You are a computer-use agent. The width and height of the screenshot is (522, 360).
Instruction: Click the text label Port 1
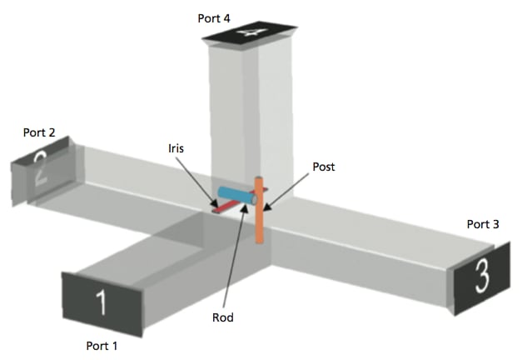point(103,344)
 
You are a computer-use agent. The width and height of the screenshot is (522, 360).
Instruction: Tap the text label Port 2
point(39,132)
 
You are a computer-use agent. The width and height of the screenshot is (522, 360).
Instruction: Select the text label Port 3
point(483,224)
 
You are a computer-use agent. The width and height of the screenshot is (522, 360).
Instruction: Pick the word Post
point(324,167)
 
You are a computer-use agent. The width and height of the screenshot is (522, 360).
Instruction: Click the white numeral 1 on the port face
point(102,302)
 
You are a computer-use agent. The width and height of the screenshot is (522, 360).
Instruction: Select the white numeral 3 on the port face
point(482,278)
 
